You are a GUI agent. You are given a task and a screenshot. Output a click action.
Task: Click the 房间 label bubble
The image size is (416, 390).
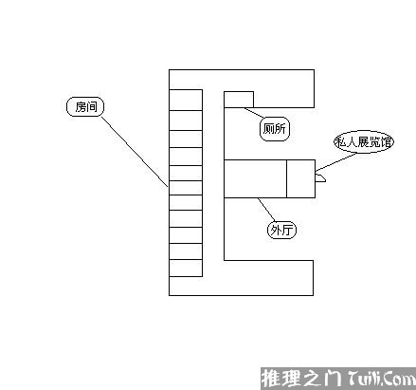click(85, 107)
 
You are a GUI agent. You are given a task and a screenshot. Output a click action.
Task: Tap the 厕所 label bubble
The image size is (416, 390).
click(275, 128)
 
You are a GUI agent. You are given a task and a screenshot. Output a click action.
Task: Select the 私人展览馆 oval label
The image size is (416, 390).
click(364, 141)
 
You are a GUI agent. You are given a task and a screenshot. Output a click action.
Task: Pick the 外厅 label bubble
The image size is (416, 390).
click(281, 230)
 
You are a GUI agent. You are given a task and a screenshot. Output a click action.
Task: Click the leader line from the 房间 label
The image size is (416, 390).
click(135, 152)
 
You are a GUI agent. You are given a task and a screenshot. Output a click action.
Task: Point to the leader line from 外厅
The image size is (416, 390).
click(266, 210)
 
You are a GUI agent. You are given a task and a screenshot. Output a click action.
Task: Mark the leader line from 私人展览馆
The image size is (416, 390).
click(335, 162)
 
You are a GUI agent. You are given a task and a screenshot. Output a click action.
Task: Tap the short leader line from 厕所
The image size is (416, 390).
click(254, 113)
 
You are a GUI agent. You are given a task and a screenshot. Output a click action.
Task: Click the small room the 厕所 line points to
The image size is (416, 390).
click(239, 100)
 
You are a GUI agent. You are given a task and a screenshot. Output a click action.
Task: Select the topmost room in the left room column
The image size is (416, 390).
click(186, 100)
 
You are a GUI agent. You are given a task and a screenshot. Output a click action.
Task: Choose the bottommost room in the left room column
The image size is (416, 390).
click(186, 268)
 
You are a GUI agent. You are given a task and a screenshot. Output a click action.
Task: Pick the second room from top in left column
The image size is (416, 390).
click(186, 121)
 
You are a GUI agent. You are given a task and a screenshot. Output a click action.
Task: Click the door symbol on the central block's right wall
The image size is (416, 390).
click(320, 178)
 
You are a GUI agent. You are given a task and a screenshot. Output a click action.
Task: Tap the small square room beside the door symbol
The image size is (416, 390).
click(300, 179)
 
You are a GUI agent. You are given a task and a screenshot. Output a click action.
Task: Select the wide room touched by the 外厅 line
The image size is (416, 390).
click(255, 179)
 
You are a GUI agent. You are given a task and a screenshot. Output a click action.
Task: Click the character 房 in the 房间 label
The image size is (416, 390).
click(81, 107)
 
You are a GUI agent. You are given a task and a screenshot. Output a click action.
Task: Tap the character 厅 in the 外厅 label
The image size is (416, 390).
click(287, 230)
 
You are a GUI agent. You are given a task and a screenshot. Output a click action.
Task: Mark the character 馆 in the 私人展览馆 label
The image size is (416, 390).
click(386, 142)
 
